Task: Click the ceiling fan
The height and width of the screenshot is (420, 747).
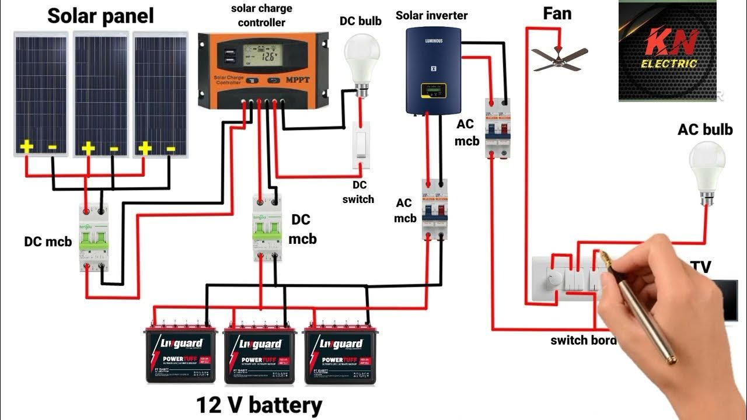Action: [557, 58]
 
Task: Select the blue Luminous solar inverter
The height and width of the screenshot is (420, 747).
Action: [433, 70]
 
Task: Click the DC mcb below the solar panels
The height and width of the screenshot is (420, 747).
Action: [94, 237]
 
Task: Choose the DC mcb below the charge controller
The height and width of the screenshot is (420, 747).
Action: [267, 228]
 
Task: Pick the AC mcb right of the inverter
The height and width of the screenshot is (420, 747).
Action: [498, 129]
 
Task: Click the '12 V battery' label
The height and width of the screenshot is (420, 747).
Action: [259, 404]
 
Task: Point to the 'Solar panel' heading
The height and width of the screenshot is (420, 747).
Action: [100, 16]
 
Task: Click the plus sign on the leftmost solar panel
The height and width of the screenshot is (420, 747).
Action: [26, 147]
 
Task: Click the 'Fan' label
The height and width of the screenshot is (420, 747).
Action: [557, 13]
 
